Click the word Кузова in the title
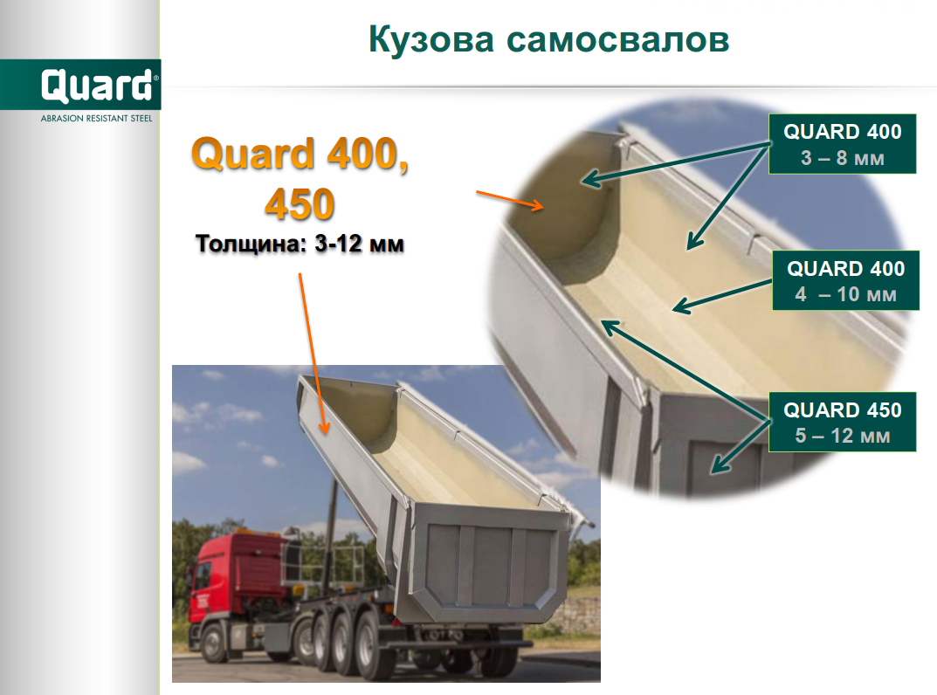click(x=431, y=41)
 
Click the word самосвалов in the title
click(x=618, y=41)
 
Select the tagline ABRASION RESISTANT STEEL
click(x=96, y=119)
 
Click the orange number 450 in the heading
click(x=300, y=203)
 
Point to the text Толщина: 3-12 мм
click(x=300, y=244)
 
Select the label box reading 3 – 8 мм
click(x=842, y=144)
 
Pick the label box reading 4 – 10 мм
click(x=845, y=280)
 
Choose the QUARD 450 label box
click(x=842, y=422)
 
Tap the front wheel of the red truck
click(x=213, y=643)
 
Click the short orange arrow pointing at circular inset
click(x=510, y=201)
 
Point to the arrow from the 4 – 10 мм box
click(x=722, y=296)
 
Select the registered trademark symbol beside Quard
click(x=156, y=78)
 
